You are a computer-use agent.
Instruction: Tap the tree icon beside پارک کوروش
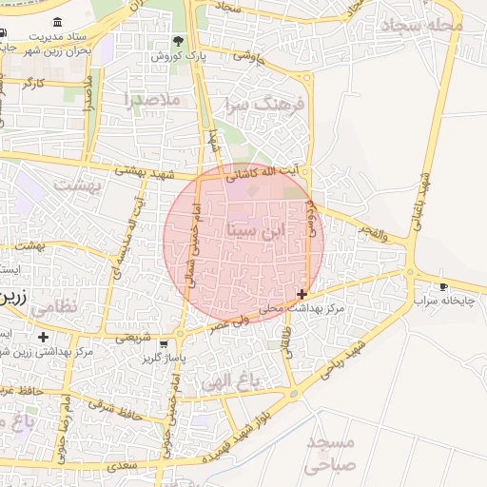pyautogui.click(x=178, y=41)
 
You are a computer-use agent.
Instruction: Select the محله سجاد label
pyautogui.click(x=419, y=25)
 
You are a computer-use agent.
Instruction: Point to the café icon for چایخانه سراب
pyautogui.click(x=442, y=286)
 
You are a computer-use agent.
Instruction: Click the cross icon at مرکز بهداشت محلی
pyautogui.click(x=302, y=295)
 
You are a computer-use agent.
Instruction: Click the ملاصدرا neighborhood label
pyautogui.click(x=151, y=98)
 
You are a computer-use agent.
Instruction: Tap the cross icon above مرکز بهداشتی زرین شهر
pyautogui.click(x=43, y=337)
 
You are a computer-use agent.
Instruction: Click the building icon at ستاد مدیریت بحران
pyautogui.click(x=59, y=22)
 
